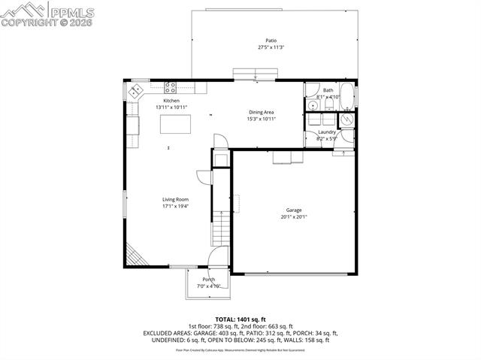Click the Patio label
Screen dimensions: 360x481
coord(271,41)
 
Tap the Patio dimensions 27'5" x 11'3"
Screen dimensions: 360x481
coord(271,47)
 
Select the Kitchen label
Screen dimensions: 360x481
coord(171,101)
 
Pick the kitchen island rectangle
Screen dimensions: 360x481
coord(174,123)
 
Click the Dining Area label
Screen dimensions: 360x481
coord(262,112)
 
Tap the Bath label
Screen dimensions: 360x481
coord(328,90)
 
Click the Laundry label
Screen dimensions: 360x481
coord(327,132)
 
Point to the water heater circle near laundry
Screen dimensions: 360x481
coord(347,119)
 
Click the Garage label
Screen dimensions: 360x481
coord(293,210)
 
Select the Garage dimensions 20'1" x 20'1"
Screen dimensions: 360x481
coord(293,216)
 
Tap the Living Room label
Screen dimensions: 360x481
coord(174,199)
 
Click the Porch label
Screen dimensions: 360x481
coord(208,280)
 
